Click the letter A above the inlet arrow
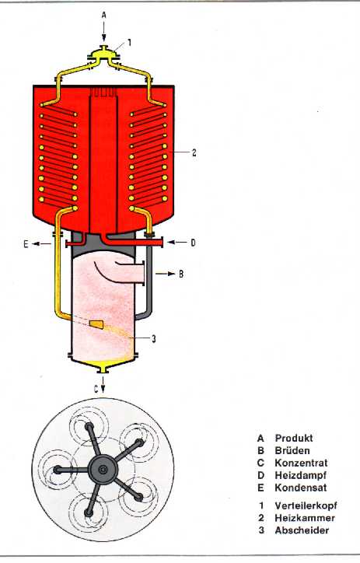tap(103, 15)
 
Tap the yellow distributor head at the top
tap(103, 54)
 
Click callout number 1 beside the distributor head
tap(130, 43)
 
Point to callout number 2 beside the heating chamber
tap(194, 152)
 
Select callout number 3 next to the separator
tap(154, 339)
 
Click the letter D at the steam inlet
tap(193, 243)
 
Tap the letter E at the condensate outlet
tap(26, 244)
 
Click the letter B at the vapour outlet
tap(181, 274)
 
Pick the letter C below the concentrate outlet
tap(96, 390)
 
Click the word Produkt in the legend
tap(294, 438)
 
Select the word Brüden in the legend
tap(292, 450)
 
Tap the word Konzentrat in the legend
tap(301, 463)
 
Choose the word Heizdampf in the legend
tap(301, 475)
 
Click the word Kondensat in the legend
tap(301, 488)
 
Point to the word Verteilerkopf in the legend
tap(306, 505)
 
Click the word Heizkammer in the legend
tap(305, 518)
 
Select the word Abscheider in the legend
tap(302, 530)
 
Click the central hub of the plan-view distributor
tap(103, 469)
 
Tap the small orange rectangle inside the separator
tap(96, 324)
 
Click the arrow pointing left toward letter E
tap(42, 244)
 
